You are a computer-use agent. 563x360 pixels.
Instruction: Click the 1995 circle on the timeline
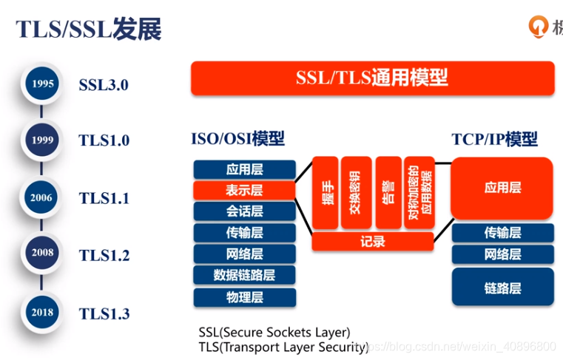point(43,84)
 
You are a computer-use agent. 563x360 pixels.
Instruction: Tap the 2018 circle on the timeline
point(43,312)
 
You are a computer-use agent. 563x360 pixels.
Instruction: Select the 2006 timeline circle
point(43,197)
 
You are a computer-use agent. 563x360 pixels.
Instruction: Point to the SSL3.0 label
point(104,84)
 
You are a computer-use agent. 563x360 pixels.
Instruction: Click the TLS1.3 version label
point(104,313)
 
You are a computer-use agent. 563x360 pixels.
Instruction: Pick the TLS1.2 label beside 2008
point(104,256)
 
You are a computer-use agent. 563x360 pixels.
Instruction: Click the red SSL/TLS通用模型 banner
point(372,78)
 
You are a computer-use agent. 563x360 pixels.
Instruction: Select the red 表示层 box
point(244,190)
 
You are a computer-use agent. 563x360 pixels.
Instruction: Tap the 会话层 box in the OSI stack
point(244,211)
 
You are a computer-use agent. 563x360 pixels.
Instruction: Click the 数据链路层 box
point(244,276)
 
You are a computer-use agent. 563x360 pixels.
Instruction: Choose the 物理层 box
point(244,298)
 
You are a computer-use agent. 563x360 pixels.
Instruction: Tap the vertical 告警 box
point(388,191)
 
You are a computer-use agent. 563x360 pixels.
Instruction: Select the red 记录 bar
point(372,242)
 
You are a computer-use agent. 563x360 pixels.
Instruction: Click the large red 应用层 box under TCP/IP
point(502,188)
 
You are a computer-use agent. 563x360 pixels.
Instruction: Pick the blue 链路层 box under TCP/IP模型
point(502,288)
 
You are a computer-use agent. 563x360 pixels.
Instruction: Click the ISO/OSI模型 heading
point(237,139)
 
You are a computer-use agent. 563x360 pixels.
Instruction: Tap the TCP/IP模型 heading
point(494,139)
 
